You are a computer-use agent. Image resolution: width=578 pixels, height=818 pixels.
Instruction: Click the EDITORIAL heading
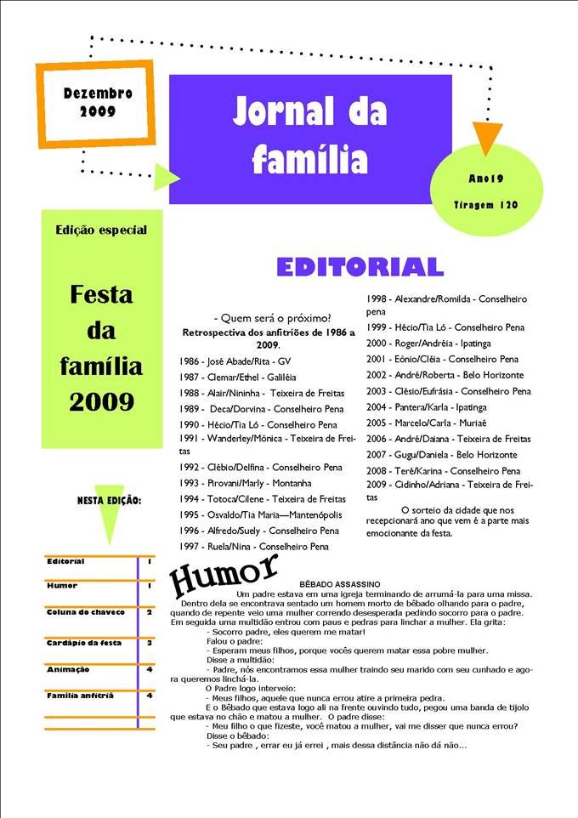coord(360,267)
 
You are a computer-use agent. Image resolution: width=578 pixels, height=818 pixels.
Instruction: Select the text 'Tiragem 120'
coord(486,205)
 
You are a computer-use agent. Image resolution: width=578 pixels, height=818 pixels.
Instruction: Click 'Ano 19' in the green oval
coord(486,179)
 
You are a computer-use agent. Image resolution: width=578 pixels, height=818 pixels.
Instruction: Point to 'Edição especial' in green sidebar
coord(101,230)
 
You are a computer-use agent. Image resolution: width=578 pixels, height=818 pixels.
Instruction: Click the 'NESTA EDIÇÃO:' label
coord(110,500)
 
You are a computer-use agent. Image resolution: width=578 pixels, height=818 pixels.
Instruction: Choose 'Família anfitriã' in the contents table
coord(80,696)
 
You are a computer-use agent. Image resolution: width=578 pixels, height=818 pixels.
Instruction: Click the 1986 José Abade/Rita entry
coord(237,361)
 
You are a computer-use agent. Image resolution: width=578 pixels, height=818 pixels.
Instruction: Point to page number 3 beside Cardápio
coord(150,643)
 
